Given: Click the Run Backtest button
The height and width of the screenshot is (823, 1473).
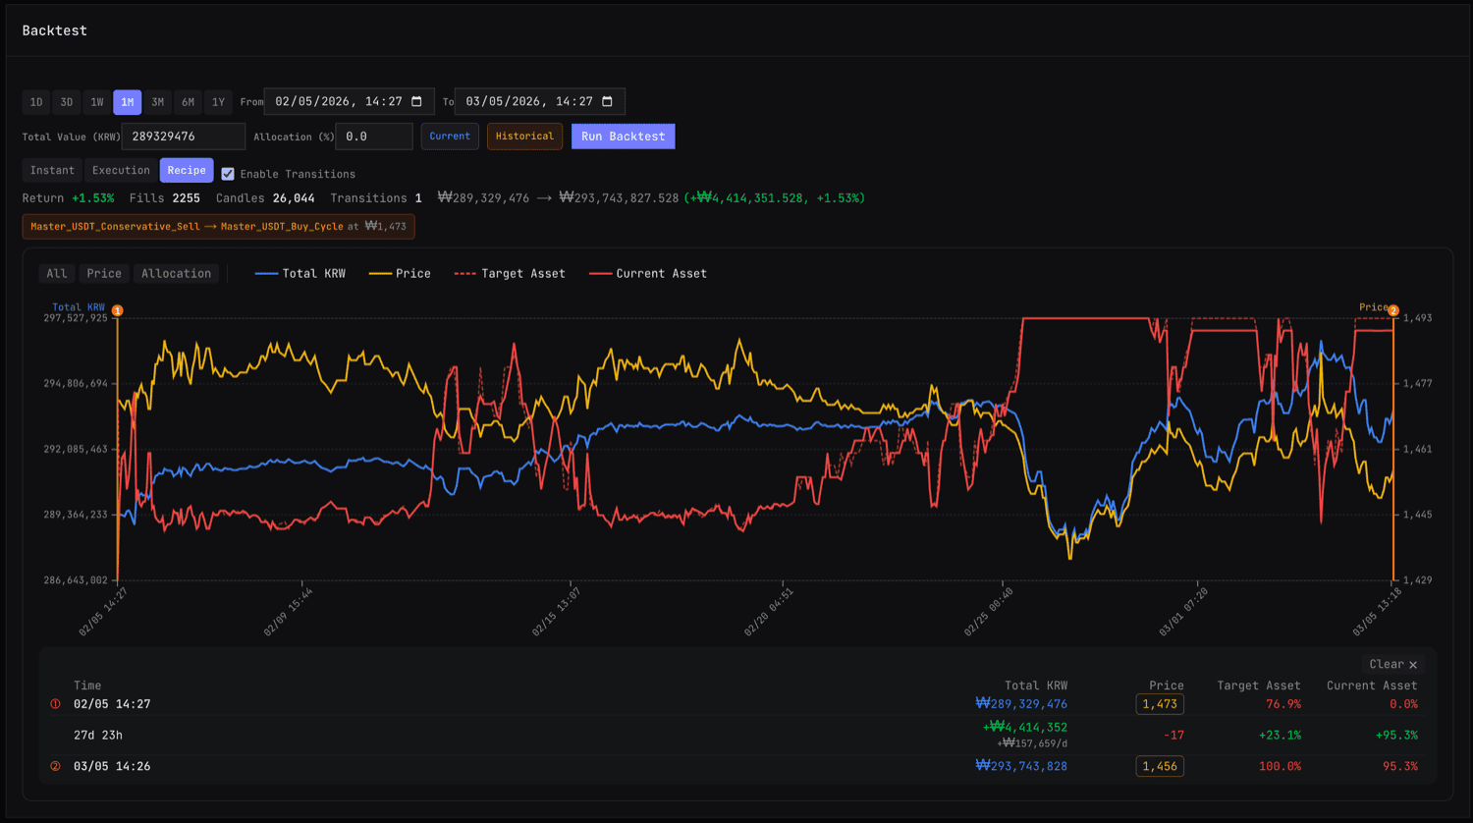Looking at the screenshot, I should point(623,137).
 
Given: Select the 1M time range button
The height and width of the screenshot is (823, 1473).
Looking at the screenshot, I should point(128,102).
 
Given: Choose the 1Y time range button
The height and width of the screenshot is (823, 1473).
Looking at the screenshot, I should point(218,102).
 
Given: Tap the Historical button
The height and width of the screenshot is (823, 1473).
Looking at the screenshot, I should point(524,137).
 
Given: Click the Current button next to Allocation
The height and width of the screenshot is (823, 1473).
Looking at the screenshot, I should point(450,137).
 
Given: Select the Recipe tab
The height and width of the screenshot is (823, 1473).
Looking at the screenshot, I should point(187,171).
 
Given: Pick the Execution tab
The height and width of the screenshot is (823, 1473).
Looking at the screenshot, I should point(121,171).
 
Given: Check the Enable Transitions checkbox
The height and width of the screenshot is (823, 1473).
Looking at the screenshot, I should point(228,174).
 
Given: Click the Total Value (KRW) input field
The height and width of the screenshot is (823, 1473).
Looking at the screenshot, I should point(183,137).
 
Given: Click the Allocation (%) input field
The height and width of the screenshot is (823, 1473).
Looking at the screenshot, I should point(373,137).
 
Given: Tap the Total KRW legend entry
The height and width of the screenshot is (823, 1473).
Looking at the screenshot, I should point(300,274).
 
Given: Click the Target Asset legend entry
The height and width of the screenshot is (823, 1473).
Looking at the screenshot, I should point(511,274).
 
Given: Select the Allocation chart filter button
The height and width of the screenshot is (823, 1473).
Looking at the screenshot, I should point(176,274).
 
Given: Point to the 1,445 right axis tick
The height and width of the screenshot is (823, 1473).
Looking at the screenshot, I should point(1417,515).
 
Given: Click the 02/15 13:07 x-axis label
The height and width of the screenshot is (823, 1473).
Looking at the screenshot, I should point(557,612).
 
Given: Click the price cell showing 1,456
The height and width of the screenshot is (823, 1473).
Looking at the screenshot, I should point(1160,766).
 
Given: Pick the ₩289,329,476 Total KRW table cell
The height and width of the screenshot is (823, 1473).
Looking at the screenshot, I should point(1021,704).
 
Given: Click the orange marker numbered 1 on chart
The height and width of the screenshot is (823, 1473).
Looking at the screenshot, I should point(117,310).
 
